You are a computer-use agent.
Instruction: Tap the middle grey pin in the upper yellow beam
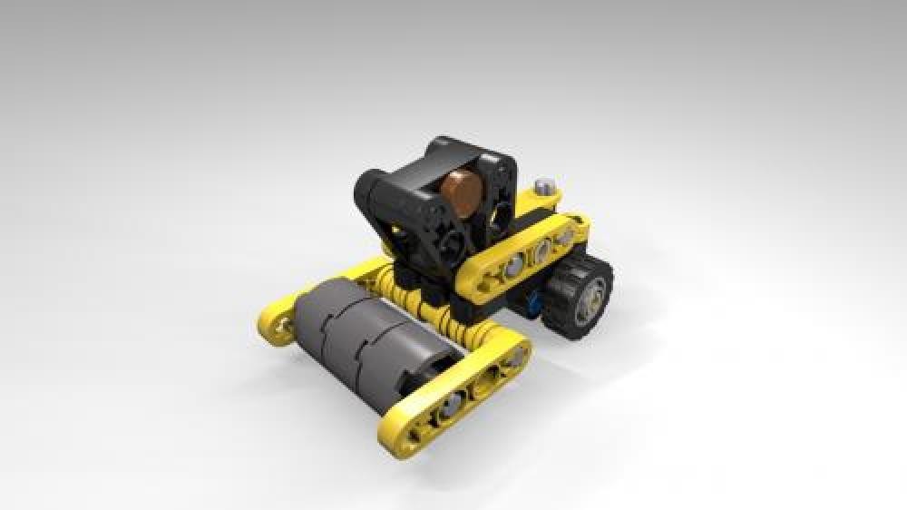541,250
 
